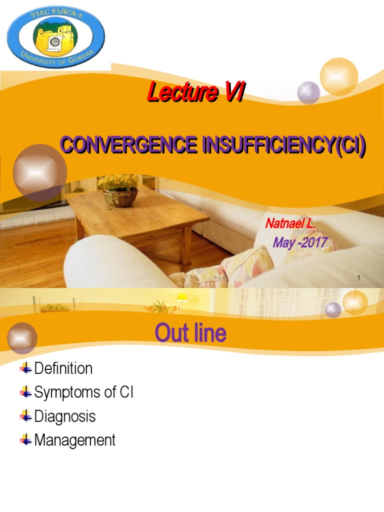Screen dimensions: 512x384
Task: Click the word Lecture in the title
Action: click(182, 92)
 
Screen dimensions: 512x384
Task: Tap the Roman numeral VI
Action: click(233, 92)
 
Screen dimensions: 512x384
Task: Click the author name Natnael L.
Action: click(290, 223)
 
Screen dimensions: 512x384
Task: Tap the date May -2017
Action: click(300, 243)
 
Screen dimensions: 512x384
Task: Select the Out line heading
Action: click(190, 333)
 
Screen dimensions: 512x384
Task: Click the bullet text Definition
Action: click(63, 369)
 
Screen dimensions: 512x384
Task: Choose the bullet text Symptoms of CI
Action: click(83, 393)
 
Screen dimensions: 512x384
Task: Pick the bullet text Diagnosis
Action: click(65, 416)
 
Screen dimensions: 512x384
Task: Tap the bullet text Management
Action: click(75, 440)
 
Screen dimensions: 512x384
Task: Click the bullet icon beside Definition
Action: click(26, 369)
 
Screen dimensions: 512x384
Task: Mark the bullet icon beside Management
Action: click(26, 440)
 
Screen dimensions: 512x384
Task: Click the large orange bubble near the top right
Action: click(338, 76)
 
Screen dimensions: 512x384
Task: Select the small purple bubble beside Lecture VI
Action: click(308, 92)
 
